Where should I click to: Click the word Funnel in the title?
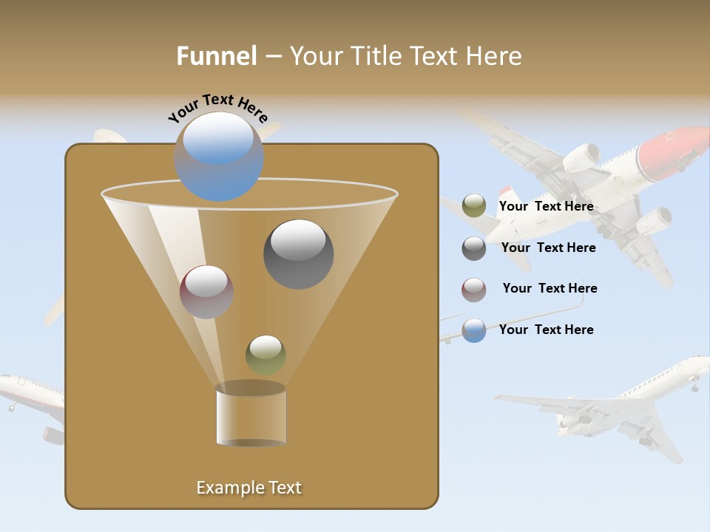tap(216, 56)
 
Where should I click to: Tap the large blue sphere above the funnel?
tap(219, 157)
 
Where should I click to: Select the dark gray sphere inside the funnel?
tap(299, 254)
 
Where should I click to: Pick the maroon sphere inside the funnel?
tap(206, 292)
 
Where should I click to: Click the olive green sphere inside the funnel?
tap(266, 355)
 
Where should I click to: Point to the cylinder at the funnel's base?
tap(251, 417)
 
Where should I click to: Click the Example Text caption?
tap(249, 488)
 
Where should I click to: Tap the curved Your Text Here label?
tap(217, 108)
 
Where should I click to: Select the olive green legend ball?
tap(474, 206)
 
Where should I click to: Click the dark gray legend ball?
tap(474, 248)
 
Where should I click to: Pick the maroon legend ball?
tap(474, 290)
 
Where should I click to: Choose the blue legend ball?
tap(474, 330)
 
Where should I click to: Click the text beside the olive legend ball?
tap(546, 207)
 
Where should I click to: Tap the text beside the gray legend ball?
tap(548, 248)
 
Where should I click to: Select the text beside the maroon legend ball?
tap(550, 288)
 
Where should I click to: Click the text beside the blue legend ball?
tap(546, 330)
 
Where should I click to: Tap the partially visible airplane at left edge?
tap(30, 399)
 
